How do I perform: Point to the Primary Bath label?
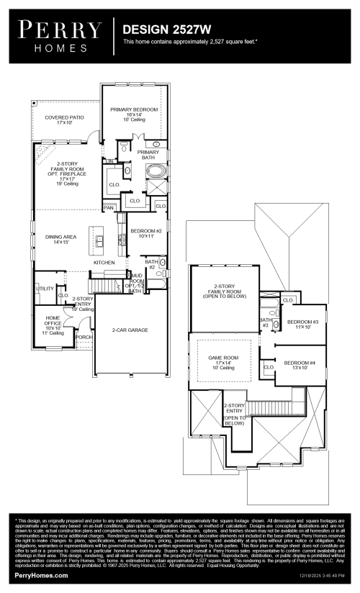(148, 155)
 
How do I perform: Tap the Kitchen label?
(104, 263)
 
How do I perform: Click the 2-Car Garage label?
(130, 330)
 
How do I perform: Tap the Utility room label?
(45, 289)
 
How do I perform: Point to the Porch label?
(84, 337)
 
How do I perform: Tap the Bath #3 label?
(265, 322)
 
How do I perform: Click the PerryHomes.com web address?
(41, 576)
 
